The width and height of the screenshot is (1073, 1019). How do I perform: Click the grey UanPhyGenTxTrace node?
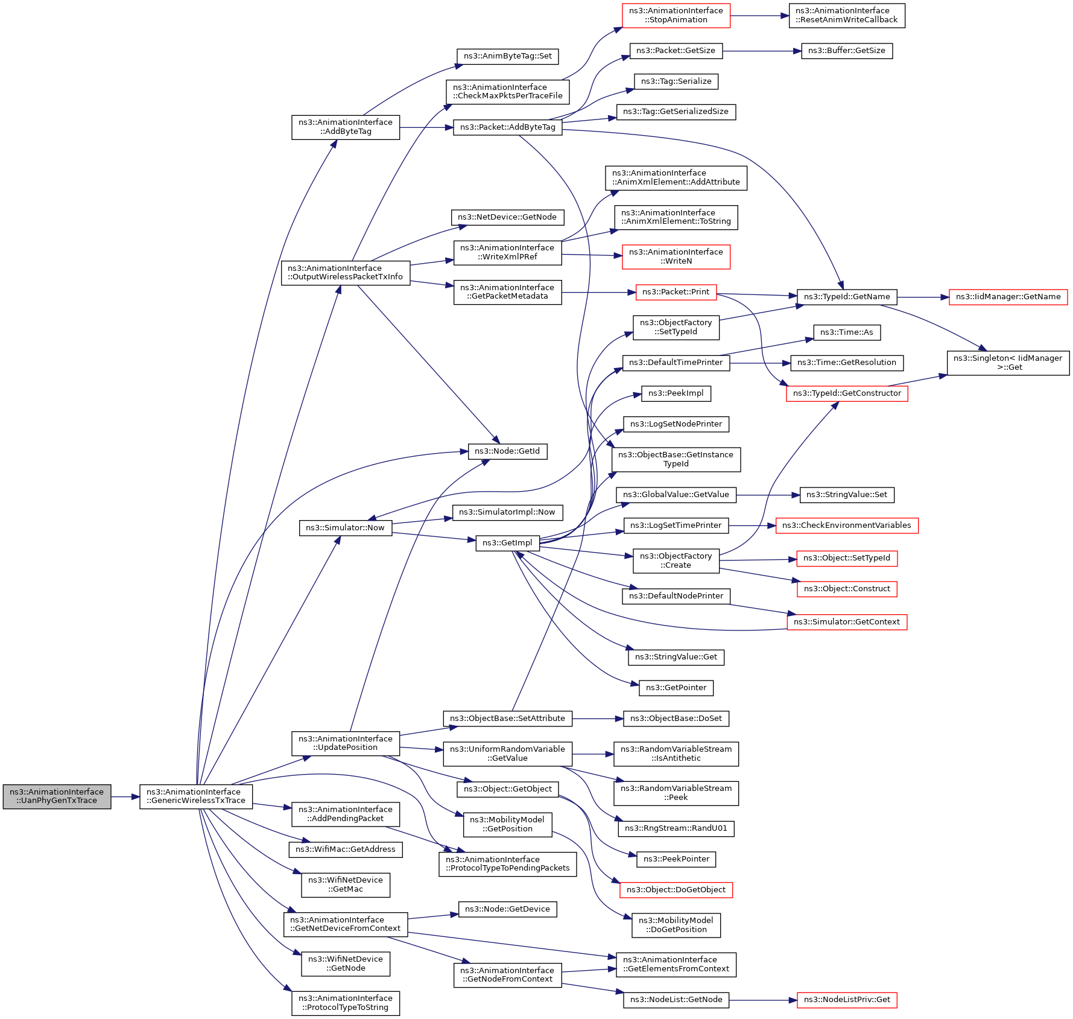click(x=57, y=796)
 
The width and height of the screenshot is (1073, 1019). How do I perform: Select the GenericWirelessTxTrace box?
click(x=196, y=796)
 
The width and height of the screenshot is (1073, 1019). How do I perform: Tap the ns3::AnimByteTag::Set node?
click(x=508, y=56)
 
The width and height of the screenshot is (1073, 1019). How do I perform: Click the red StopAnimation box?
click(x=676, y=15)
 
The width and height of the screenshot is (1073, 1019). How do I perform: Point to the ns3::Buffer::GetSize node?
click(x=847, y=51)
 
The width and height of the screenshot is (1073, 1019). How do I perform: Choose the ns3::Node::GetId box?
click(x=507, y=451)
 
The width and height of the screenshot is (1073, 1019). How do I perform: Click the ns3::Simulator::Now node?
click(x=345, y=528)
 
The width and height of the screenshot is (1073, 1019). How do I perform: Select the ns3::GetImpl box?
click(x=507, y=543)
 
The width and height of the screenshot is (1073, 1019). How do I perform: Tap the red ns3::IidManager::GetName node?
click(x=1008, y=297)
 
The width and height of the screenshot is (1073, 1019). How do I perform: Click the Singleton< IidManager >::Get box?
click(x=1008, y=363)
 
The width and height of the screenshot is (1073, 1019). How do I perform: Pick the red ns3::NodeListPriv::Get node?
click(x=847, y=1000)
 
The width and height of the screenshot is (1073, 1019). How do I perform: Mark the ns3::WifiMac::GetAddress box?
click(x=346, y=849)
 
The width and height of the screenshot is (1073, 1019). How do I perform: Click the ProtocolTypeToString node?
click(x=346, y=1003)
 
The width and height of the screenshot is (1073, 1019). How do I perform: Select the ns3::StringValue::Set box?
click(x=847, y=495)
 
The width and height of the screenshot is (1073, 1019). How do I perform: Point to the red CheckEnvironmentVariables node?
click(x=847, y=525)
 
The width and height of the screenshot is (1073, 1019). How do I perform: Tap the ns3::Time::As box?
click(x=847, y=332)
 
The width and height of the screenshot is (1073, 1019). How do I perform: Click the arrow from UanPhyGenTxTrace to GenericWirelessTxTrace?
click(x=125, y=797)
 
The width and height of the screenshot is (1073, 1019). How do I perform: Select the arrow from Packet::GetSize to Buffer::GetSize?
click(x=762, y=51)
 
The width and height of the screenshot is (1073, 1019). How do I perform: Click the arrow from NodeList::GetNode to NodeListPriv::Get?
click(x=763, y=1000)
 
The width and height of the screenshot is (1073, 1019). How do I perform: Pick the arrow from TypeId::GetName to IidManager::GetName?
click(x=923, y=297)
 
